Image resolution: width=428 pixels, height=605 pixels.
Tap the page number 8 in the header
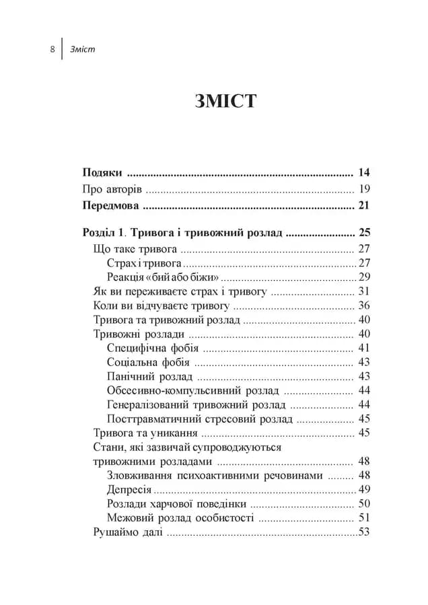click(x=52, y=49)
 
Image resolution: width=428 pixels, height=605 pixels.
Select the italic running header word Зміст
click(x=83, y=49)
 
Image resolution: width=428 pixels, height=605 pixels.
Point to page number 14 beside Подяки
click(x=365, y=172)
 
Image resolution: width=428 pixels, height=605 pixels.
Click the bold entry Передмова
click(x=110, y=205)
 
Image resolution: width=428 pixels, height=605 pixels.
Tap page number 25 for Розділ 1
click(x=365, y=234)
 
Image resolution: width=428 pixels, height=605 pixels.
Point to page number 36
click(x=365, y=305)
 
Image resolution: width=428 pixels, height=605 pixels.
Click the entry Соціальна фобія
click(x=148, y=362)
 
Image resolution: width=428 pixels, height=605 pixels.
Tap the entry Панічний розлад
click(x=149, y=376)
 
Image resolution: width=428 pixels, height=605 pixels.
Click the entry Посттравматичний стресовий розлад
click(x=200, y=419)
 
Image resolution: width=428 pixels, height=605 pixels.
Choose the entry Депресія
click(x=129, y=489)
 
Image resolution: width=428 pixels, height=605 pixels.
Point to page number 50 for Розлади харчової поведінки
click(x=365, y=503)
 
